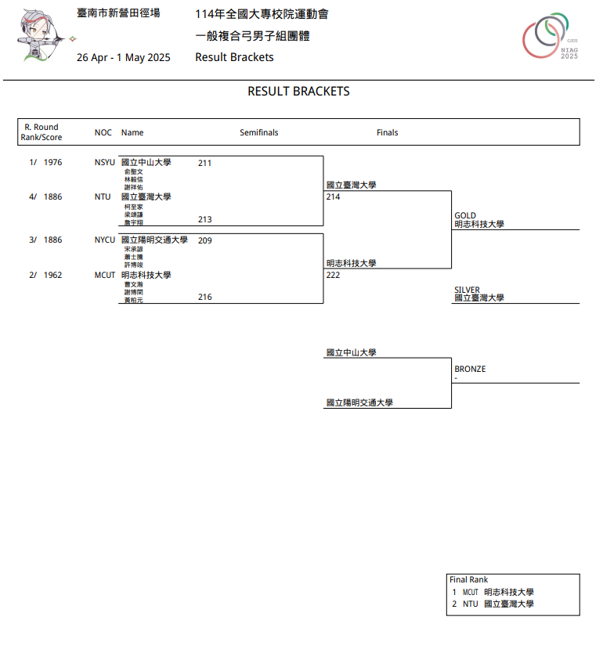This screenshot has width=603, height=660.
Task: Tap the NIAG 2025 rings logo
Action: click(551, 37)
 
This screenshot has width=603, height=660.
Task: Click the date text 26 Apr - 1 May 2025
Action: click(123, 57)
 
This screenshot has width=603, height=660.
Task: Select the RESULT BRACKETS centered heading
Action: click(298, 92)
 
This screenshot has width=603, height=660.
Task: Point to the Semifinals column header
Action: click(258, 133)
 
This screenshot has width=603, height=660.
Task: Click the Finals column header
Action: click(387, 133)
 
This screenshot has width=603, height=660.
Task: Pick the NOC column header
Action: click(103, 133)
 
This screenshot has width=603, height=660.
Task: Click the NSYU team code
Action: click(104, 163)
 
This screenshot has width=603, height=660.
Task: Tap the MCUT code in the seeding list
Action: click(105, 276)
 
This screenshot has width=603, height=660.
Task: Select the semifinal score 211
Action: click(204, 164)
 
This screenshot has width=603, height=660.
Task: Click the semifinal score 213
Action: click(204, 220)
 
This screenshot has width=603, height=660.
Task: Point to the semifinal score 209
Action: click(204, 241)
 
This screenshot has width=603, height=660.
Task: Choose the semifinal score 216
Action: click(204, 298)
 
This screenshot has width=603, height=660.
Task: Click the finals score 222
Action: click(333, 276)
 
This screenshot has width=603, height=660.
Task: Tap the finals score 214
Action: click(333, 197)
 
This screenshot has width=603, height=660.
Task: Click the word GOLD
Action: click(465, 215)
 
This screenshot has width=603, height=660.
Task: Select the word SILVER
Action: click(467, 290)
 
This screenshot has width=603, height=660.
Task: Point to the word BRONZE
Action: click(470, 369)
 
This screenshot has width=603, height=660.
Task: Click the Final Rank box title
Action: click(468, 580)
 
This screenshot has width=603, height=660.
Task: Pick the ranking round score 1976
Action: click(52, 163)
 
